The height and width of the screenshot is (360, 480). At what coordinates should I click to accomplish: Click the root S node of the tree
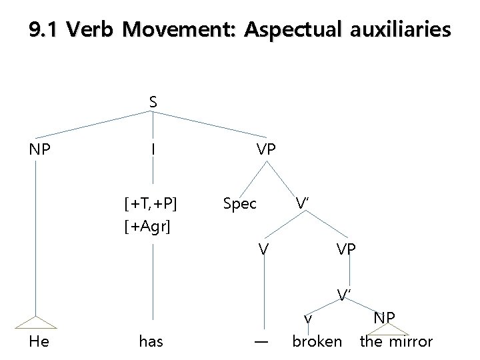[x=153, y=102]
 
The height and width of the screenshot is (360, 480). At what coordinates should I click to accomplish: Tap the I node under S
[x=153, y=149]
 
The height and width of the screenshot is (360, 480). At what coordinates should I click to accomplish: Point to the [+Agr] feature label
[x=147, y=227]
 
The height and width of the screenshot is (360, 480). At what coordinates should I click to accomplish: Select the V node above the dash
[x=264, y=249]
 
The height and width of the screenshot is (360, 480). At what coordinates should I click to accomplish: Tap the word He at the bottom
[x=39, y=342]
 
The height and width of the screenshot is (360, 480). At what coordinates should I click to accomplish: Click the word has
[x=151, y=342]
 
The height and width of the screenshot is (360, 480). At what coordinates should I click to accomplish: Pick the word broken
[x=317, y=342]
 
